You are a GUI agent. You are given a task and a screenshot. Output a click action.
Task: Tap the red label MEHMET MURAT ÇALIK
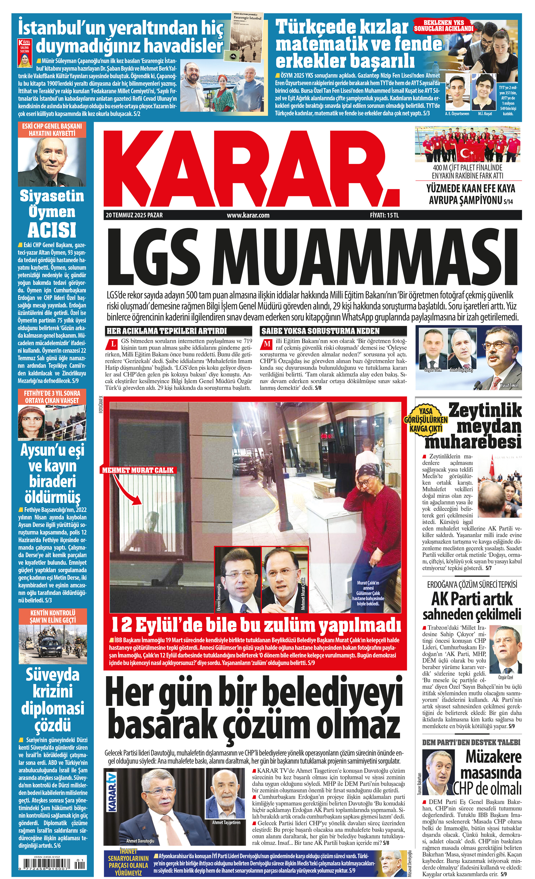(x=138, y=470)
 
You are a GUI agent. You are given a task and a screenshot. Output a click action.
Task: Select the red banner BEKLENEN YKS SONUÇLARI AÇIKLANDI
(x=444, y=26)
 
